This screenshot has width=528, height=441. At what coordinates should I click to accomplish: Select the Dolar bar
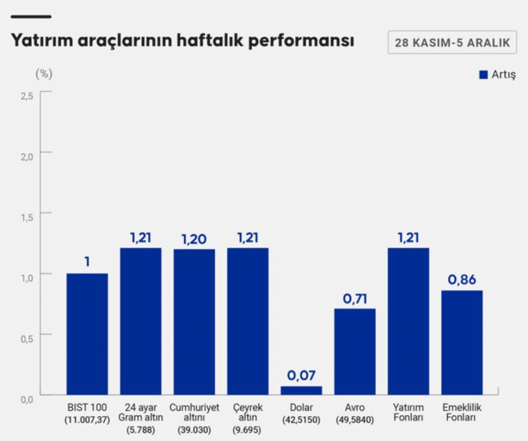tap(301, 390)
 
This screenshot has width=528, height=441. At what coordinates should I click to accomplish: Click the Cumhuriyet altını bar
tap(194, 322)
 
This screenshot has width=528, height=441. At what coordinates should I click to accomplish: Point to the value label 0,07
tap(301, 376)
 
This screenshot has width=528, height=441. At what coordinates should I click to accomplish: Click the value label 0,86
tap(462, 280)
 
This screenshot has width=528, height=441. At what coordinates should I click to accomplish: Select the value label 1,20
tap(194, 239)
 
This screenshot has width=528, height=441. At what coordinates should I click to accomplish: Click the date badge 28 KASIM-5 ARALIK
tap(452, 43)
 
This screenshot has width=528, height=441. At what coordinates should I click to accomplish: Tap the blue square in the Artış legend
tap(483, 75)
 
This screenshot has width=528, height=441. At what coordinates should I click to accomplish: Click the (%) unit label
tap(44, 74)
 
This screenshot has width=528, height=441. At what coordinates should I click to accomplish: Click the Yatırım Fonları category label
tap(408, 413)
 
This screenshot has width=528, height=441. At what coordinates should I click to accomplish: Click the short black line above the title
tap(31, 17)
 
